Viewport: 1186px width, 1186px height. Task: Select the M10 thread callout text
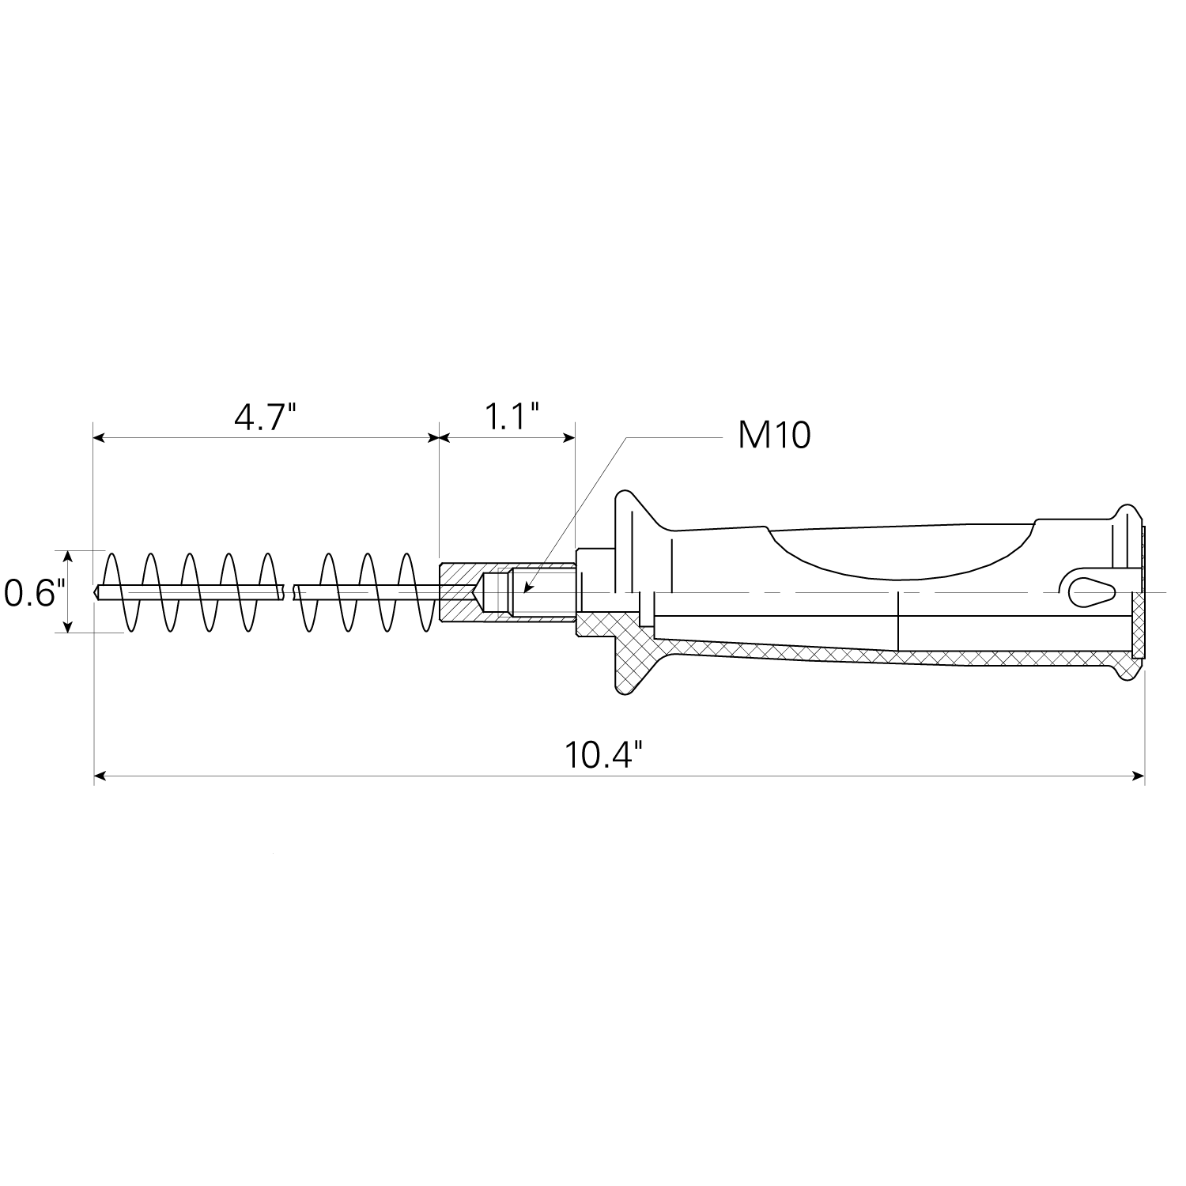[774, 436]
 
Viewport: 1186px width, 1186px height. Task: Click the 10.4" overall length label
[602, 755]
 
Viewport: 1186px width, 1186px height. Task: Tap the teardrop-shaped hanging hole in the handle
[1092, 591]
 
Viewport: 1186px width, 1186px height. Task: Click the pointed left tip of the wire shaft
[95, 591]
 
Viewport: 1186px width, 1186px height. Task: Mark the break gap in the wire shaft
[289, 591]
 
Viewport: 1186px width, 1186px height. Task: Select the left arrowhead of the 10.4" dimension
[100, 777]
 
